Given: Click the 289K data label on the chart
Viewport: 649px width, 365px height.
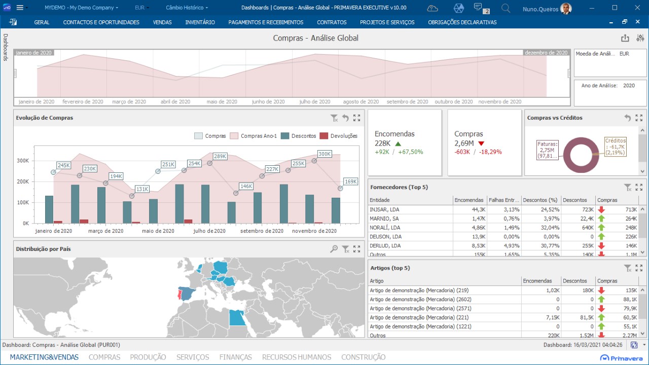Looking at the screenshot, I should tap(220, 157).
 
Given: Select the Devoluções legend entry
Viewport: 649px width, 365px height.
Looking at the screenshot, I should tap(344, 136).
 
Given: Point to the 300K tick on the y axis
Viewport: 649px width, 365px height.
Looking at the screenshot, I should tap(23, 161).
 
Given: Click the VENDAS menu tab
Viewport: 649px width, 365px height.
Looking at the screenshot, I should tap(162, 22).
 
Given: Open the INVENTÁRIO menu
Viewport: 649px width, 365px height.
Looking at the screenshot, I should tap(200, 22).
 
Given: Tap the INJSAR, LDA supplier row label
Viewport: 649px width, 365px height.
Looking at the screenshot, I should tap(384, 209).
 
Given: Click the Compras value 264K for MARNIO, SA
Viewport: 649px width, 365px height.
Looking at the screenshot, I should tap(631, 218).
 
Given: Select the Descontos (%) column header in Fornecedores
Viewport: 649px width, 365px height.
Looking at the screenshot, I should tap(540, 200).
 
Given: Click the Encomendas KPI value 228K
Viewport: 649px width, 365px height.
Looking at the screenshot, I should tap(383, 143).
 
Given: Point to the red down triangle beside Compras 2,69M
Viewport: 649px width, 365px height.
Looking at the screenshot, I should tap(481, 143).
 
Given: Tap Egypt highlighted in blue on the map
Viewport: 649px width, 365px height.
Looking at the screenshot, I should tap(237, 317).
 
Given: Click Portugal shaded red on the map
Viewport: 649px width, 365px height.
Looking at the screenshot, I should tap(178, 295).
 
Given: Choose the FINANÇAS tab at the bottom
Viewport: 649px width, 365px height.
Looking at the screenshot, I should tap(235, 357).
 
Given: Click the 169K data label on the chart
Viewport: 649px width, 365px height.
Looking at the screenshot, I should tap(350, 181).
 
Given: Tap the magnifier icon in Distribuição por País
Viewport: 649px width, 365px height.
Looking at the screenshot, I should tap(334, 249).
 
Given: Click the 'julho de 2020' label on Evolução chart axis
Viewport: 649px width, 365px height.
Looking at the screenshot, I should tap(209, 231).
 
